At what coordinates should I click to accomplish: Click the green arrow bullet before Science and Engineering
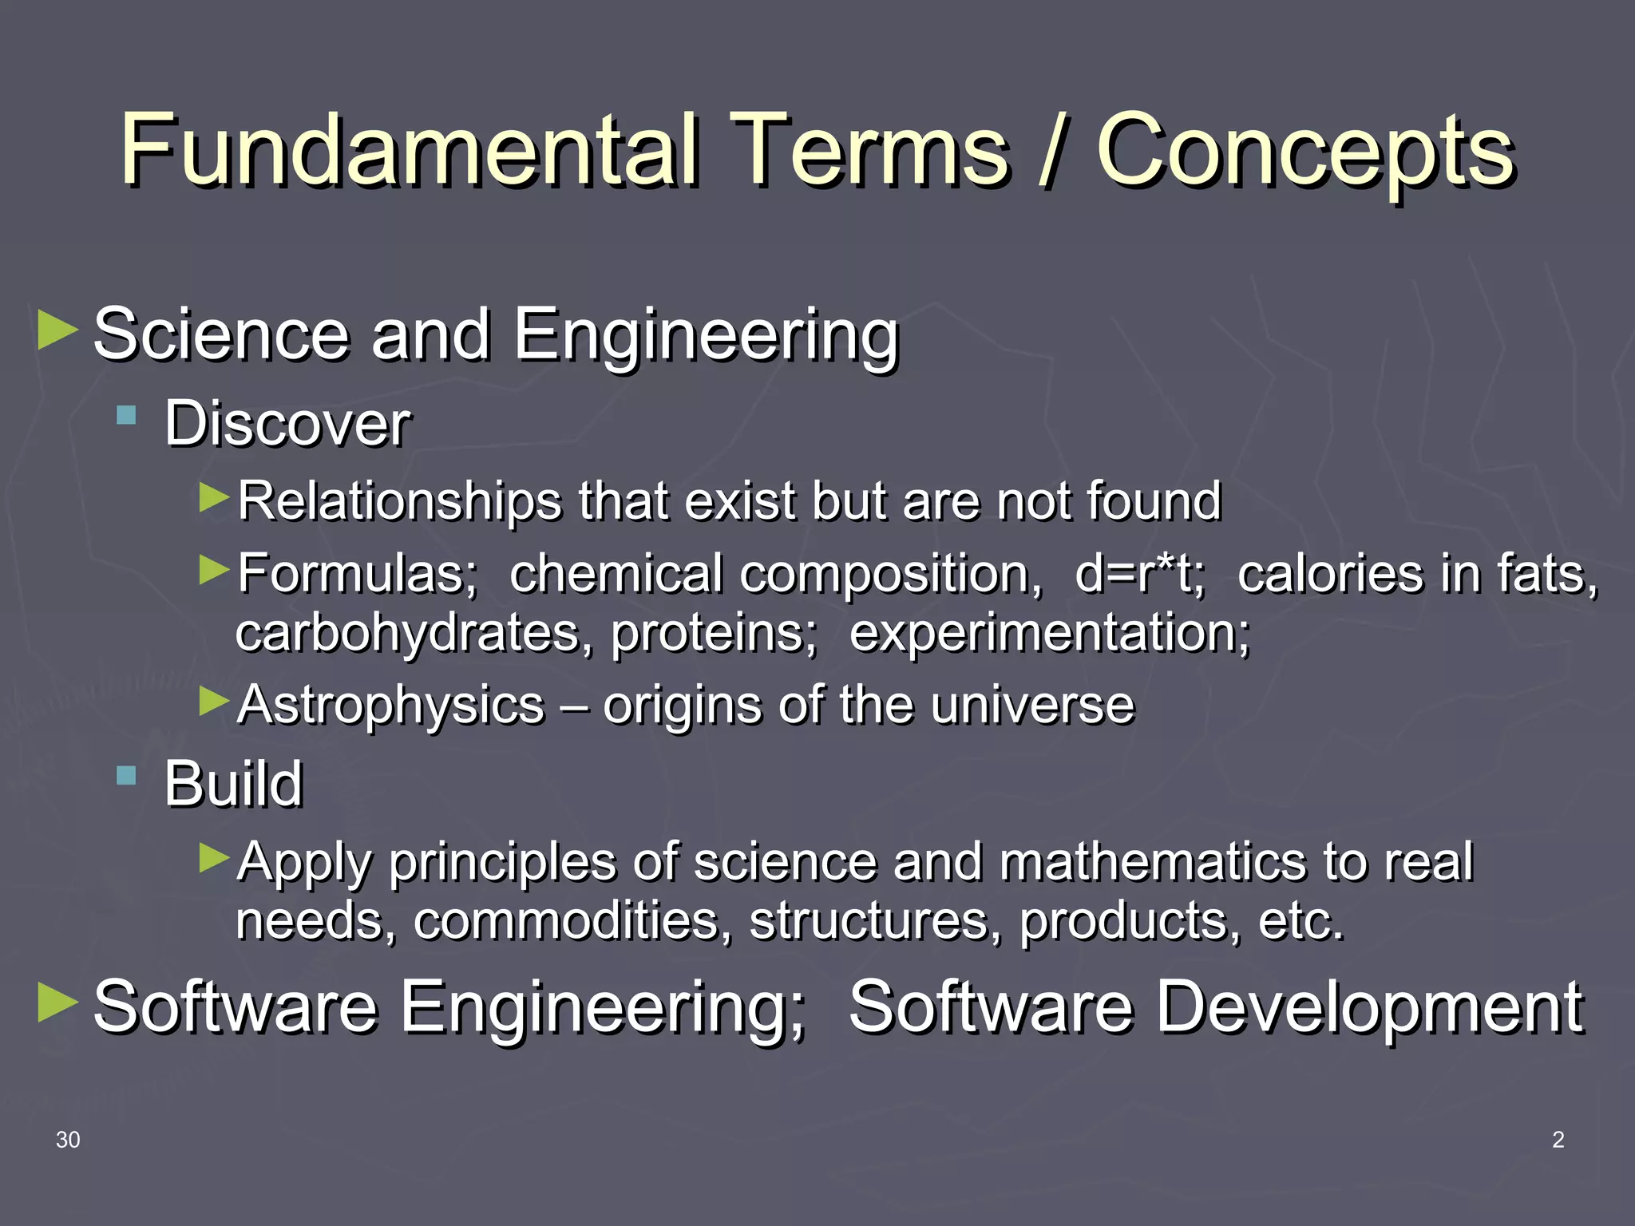[x=57, y=330]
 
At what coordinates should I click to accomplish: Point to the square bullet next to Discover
[x=126, y=415]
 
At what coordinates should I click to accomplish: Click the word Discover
[x=287, y=424]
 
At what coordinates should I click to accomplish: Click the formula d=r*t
[x=1139, y=574]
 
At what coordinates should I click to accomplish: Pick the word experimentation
[x=1048, y=632]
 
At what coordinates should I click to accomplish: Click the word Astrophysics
[x=390, y=705]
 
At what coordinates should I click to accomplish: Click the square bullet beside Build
[x=126, y=775]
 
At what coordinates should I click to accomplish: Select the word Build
[x=233, y=784]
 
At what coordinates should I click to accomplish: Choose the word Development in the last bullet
[x=1369, y=1007]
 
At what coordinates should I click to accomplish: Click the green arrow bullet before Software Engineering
[x=57, y=1003]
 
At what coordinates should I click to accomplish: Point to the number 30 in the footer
[x=68, y=1140]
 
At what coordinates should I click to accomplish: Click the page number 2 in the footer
[x=1558, y=1140]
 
